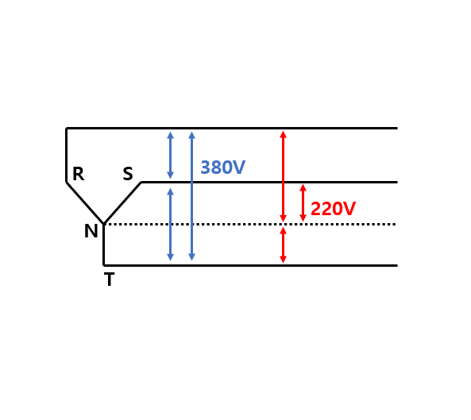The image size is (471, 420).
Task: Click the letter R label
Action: (79, 174)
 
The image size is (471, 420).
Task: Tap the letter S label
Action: (128, 174)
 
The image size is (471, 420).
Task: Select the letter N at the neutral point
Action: (91, 231)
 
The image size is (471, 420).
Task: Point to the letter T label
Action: (109, 279)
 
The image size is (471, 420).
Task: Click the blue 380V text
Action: (223, 168)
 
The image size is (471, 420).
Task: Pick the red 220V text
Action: (333, 208)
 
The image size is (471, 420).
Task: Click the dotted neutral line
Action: (250, 224)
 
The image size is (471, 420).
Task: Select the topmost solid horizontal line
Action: (232, 128)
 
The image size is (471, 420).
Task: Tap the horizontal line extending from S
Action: (269, 182)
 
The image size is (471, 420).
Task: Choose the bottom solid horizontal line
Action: (250, 265)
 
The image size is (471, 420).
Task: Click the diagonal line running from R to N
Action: (85, 203)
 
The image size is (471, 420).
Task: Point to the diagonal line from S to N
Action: (122, 203)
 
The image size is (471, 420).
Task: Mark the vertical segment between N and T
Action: (103, 245)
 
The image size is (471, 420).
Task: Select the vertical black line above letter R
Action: (66, 155)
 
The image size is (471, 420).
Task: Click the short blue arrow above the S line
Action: (170, 155)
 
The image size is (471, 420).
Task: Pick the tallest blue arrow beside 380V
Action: (192, 196)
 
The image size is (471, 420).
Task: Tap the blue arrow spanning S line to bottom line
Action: (170, 224)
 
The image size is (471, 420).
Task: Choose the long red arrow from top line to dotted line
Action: (283, 176)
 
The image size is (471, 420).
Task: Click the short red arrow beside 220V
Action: (303, 203)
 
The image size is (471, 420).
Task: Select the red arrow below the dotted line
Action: (283, 245)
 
